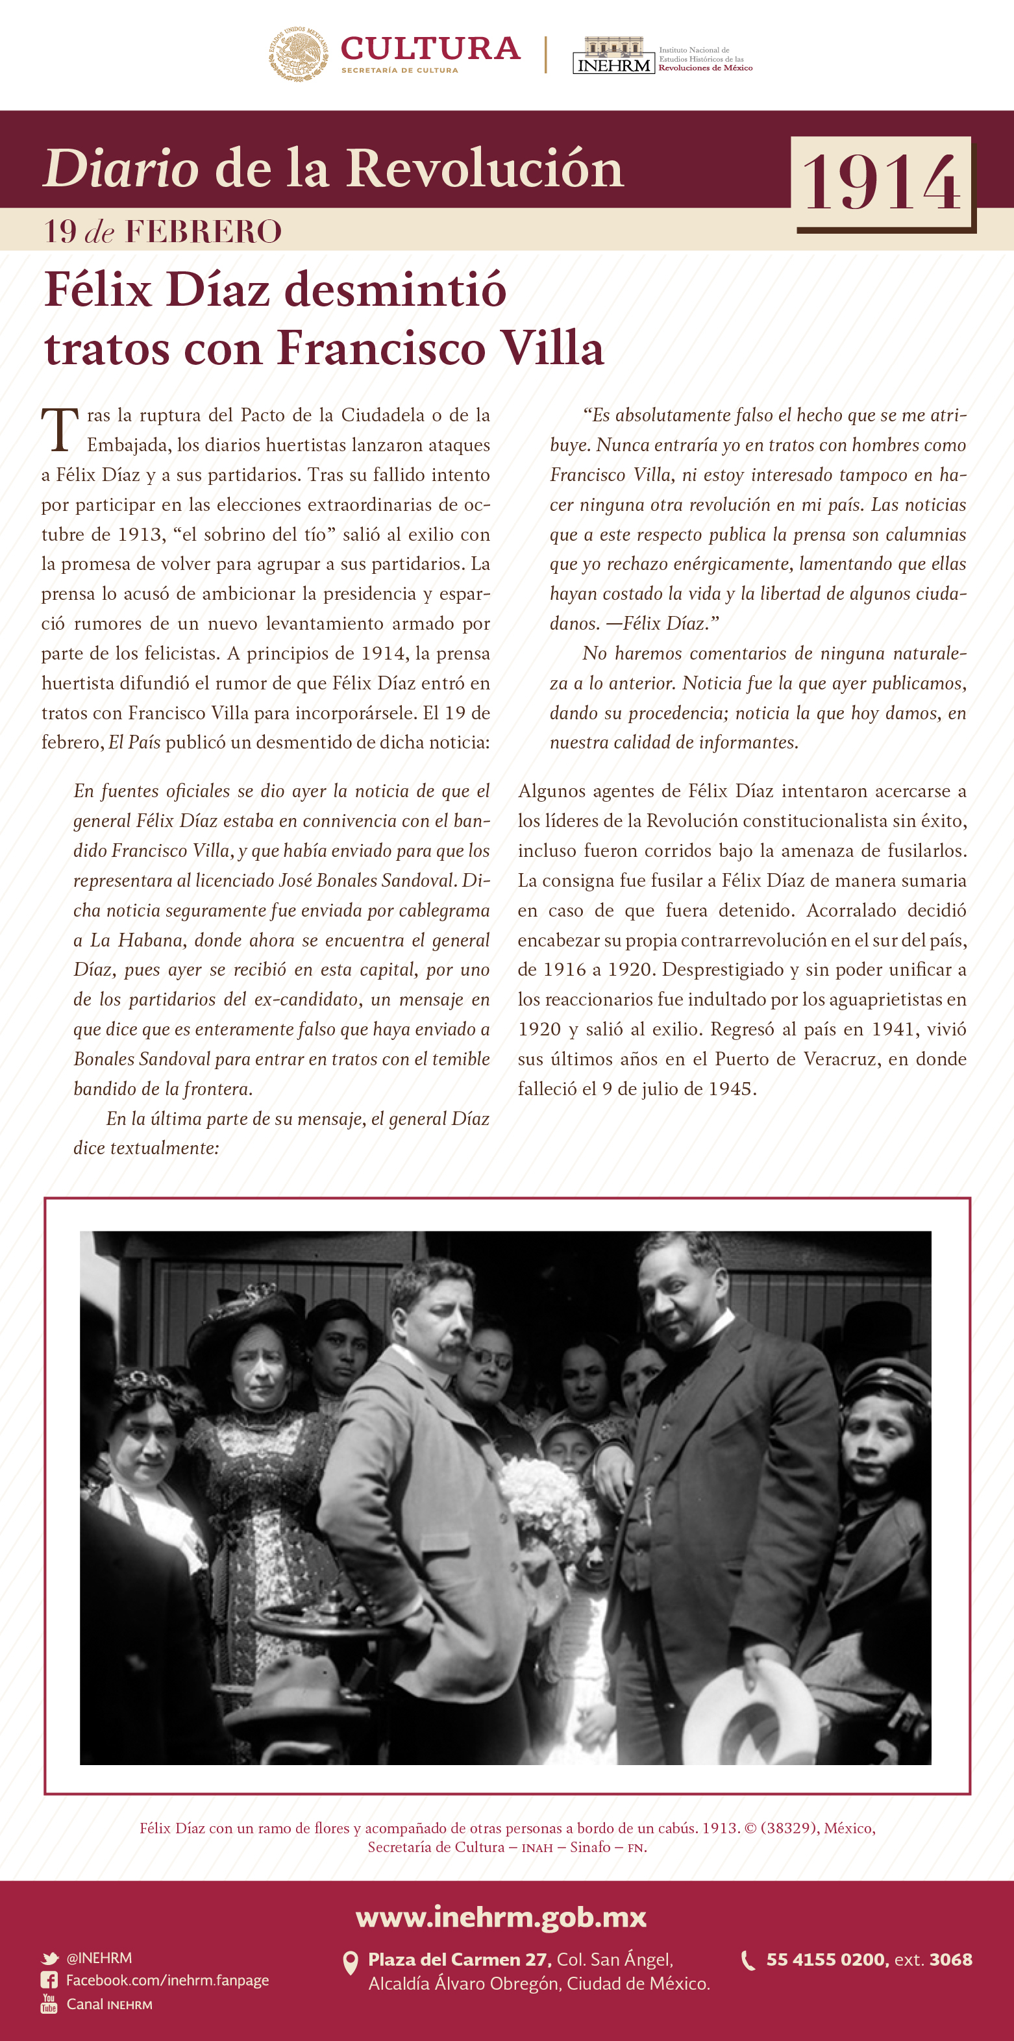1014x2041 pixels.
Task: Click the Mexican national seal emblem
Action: (299, 53)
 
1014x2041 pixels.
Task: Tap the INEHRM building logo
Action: (613, 55)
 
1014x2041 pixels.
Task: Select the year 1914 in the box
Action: (882, 183)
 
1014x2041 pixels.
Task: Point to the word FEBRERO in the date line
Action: (204, 231)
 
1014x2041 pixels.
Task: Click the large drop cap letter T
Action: (60, 430)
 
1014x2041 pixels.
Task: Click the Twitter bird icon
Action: (50, 1959)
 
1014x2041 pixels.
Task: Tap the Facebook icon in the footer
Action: (49, 1981)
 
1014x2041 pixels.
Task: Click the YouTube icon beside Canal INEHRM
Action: (49, 2004)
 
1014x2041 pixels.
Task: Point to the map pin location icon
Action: (349, 1963)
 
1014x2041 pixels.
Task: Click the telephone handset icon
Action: (747, 1961)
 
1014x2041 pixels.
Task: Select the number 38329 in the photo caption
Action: (787, 1828)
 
